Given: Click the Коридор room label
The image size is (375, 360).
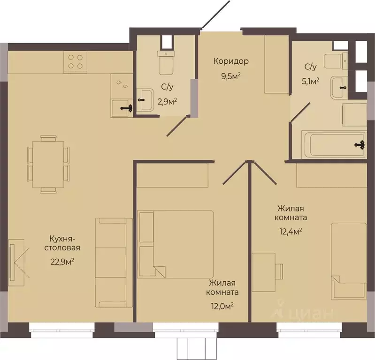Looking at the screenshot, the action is (231, 61).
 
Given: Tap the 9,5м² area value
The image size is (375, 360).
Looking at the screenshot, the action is (231, 76).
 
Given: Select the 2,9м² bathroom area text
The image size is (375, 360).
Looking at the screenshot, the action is (167, 102).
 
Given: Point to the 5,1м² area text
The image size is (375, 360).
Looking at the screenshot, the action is (310, 81).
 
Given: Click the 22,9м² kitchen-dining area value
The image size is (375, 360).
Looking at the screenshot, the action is (62, 262).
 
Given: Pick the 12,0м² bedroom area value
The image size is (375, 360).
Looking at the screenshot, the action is (222, 306).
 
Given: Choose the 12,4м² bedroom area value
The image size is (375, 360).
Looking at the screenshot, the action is (291, 231).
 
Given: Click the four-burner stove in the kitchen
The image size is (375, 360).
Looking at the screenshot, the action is (76, 61).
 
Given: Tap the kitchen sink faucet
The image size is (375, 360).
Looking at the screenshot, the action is (127, 108).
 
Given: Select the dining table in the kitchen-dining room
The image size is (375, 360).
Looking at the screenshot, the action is (48, 165).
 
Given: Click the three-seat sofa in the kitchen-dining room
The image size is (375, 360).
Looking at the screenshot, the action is (114, 262).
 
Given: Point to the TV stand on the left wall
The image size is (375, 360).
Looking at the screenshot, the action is (16, 262).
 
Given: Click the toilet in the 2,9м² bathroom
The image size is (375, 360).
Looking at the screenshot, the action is (166, 62).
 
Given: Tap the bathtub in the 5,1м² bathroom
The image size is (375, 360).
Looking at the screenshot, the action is (334, 144).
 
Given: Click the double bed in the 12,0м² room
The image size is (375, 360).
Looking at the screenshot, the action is (176, 244).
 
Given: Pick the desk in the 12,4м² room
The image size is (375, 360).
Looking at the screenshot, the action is (264, 272).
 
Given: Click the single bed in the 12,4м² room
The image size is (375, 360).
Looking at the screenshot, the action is (349, 261).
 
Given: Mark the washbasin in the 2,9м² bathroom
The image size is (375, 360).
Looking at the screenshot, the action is (145, 100).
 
